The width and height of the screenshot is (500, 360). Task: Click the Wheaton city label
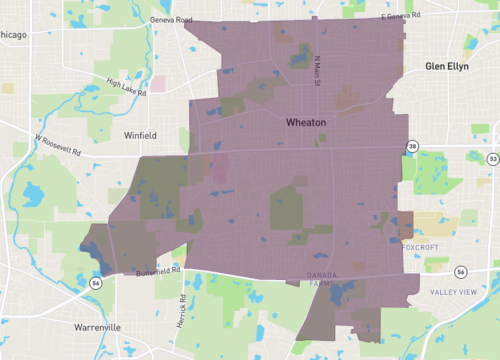point(306,121)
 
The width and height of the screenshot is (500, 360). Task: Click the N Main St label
point(318,70)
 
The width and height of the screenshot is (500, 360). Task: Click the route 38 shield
point(412,147)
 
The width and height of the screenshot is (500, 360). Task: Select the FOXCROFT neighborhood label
point(421,246)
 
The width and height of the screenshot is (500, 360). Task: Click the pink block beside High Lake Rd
point(157,84)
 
